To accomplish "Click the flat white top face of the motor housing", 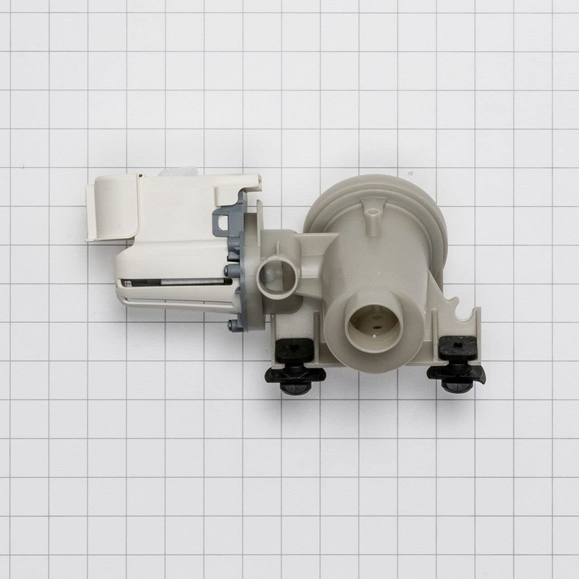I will click(x=188, y=210).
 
